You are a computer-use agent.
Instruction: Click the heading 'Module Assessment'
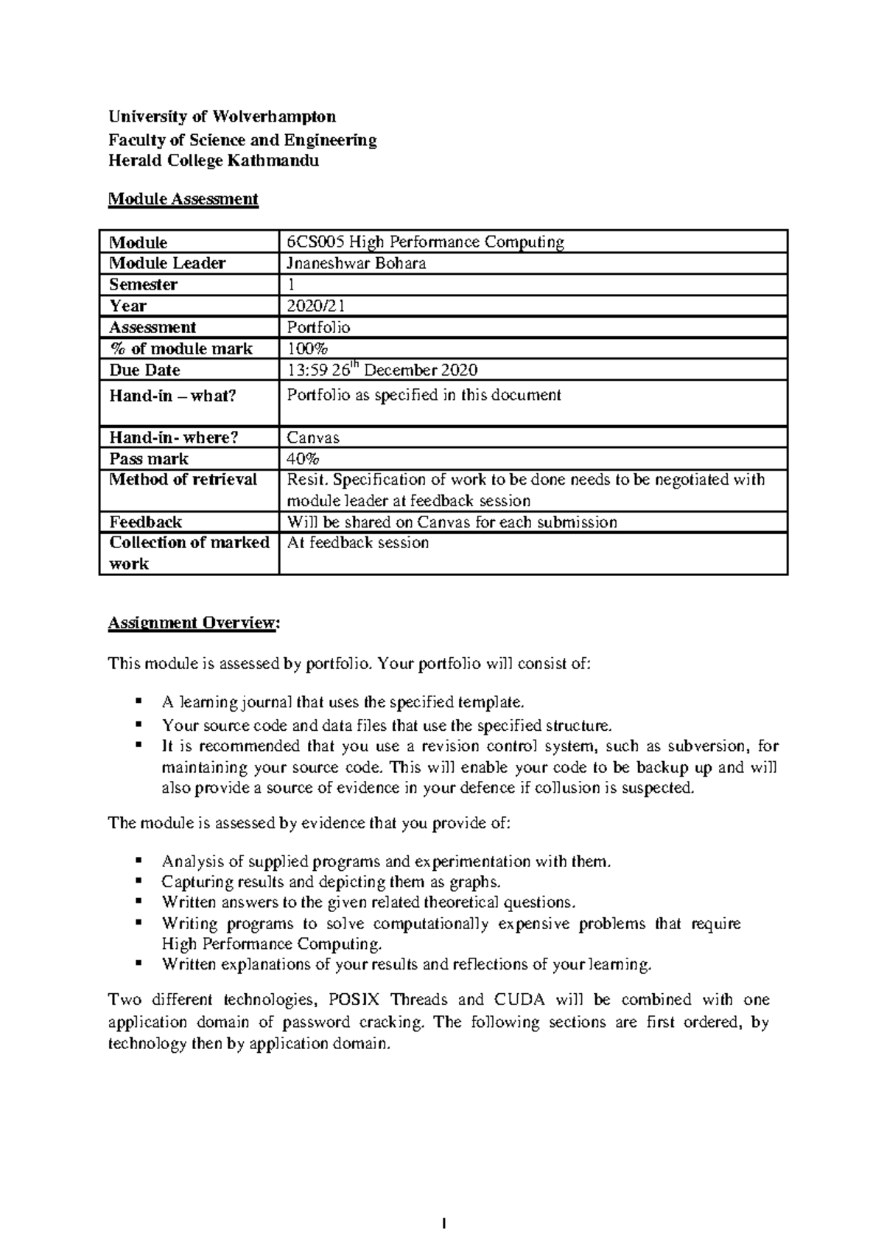click(x=183, y=199)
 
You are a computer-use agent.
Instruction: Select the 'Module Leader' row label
click(x=167, y=263)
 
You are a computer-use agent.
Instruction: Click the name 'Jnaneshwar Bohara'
click(x=356, y=263)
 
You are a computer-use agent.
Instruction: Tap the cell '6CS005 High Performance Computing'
click(x=425, y=242)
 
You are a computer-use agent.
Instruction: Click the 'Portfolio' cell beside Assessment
click(x=318, y=327)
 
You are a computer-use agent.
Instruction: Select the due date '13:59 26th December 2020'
click(x=382, y=370)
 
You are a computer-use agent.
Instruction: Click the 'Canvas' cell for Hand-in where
click(x=313, y=438)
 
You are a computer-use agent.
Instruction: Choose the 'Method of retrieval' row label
click(x=183, y=480)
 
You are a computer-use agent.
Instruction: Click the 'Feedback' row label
click(x=145, y=522)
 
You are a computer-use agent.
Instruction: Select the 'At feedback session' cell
click(x=357, y=543)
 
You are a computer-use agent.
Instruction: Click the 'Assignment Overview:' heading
click(x=194, y=623)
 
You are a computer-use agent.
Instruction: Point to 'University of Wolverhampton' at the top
click(x=222, y=116)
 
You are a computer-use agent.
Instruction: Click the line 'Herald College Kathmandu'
click(x=214, y=161)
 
